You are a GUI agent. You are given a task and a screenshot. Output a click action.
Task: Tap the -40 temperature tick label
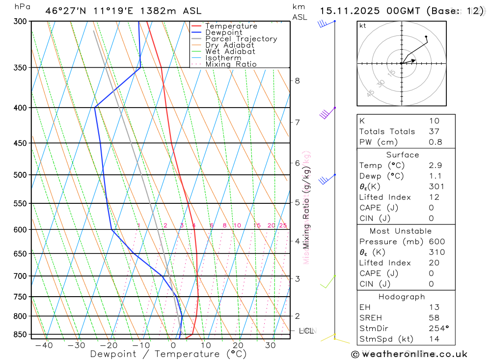pos(44,346)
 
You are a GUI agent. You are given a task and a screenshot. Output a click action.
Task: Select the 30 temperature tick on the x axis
pos(270,346)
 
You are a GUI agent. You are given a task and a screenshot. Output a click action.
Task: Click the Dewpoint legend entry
pos(223,32)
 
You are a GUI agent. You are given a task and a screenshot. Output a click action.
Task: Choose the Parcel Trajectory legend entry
pos(241,39)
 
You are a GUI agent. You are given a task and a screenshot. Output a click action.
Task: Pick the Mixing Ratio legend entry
pos(231,64)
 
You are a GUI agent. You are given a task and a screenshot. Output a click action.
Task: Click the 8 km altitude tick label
pos(297,81)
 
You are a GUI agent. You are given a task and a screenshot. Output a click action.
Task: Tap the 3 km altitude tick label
pos(297,278)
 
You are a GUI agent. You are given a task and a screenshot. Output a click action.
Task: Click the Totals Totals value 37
pos(434,132)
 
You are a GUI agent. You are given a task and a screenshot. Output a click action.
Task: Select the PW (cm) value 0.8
pos(436,142)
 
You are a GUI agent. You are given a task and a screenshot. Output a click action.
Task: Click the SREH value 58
pos(434,318)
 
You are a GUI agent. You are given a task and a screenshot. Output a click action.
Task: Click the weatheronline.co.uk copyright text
pos(409,354)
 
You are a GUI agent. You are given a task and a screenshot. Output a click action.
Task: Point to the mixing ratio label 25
pos(283,225)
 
